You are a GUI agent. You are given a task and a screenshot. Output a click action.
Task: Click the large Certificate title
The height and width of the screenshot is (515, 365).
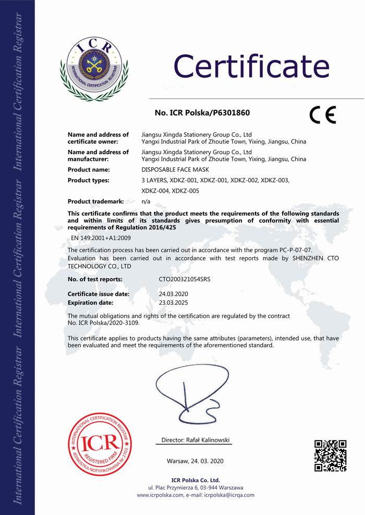coord(251,66)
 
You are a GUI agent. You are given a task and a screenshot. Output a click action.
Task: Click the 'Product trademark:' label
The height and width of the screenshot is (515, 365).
coord(96,201)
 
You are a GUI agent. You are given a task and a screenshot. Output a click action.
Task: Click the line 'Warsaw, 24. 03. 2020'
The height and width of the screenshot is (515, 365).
coord(195,461)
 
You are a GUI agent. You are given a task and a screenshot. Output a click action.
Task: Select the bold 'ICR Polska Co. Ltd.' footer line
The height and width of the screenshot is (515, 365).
coord(196,480)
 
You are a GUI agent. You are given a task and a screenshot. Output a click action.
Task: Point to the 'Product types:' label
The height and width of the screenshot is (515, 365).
coord(89,180)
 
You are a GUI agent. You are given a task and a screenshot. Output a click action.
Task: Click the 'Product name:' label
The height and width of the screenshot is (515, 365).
coord(89,170)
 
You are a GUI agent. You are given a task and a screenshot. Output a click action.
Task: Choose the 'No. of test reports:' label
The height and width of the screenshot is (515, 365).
coord(98,280)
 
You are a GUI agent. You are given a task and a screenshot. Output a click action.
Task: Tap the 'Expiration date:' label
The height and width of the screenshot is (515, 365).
coord(91,303)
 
